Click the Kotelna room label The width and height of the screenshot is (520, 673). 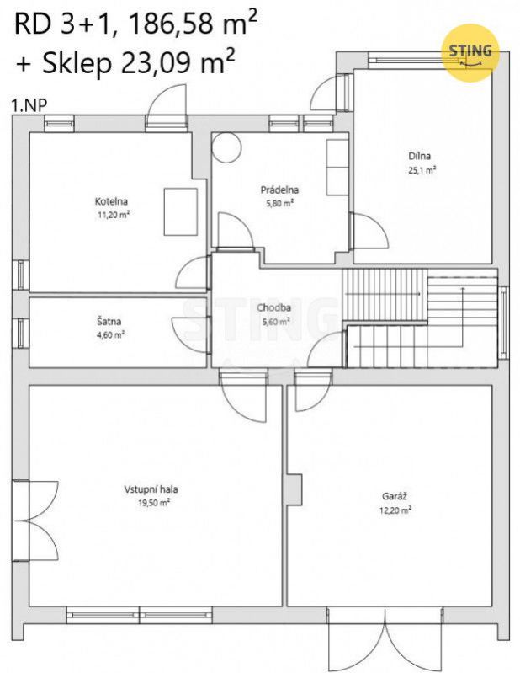click(x=111, y=201)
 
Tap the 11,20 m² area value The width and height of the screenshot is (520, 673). click(x=114, y=215)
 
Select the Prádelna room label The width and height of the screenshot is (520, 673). click(x=279, y=190)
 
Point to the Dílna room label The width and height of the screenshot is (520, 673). click(x=419, y=156)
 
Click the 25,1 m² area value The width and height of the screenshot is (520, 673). click(x=422, y=170)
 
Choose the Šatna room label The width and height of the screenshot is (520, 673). click(x=109, y=321)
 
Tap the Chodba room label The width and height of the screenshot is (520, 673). click(x=274, y=307)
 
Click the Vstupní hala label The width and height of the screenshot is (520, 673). click(x=151, y=489)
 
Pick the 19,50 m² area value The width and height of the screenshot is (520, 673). click(x=153, y=503)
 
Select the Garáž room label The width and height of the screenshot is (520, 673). click(x=395, y=497)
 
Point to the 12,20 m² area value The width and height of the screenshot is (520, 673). click(x=395, y=510)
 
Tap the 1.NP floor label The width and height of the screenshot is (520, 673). click(x=29, y=105)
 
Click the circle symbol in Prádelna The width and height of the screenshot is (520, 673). click(x=227, y=147)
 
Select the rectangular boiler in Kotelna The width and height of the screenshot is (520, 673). click(x=180, y=212)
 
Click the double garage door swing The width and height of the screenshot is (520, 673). click(x=385, y=639)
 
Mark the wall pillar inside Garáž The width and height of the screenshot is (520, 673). click(x=295, y=489)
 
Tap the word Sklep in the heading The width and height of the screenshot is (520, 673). click(x=77, y=64)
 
